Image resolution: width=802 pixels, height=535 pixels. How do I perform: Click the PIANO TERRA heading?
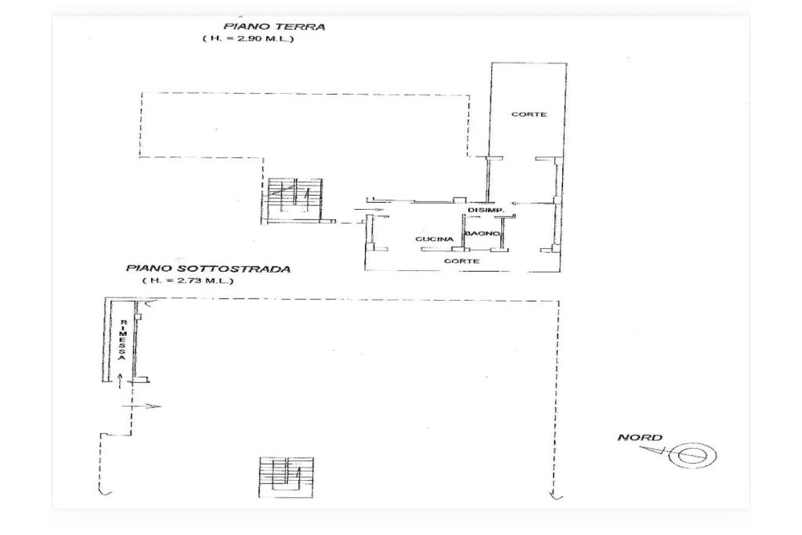coord(273,27)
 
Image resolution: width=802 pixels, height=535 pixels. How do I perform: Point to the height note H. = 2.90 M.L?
coord(248,39)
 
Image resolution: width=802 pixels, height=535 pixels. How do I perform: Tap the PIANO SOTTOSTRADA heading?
coord(208,269)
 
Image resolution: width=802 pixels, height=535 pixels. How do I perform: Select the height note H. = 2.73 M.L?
coord(188,280)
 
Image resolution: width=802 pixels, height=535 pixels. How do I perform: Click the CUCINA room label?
coord(434,239)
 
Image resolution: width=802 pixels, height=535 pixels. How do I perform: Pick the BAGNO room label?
coord(482,233)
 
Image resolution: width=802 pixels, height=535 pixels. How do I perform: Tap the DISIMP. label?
coord(486,210)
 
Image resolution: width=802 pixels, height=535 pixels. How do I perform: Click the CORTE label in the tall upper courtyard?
coord(529,114)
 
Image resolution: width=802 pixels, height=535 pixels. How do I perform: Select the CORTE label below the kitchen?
coord(462,261)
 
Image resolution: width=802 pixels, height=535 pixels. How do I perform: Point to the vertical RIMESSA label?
coord(123,340)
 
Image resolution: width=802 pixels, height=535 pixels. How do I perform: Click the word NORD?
coord(640,437)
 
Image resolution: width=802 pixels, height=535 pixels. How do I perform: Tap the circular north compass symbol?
coord(694,454)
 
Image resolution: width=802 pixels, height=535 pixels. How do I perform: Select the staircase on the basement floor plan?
coord(286,477)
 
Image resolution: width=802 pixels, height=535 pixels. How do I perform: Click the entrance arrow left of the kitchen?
coord(368,209)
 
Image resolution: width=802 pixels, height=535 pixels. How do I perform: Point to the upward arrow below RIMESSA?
coord(119,381)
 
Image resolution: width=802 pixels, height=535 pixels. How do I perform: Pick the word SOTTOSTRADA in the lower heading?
coord(237,269)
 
